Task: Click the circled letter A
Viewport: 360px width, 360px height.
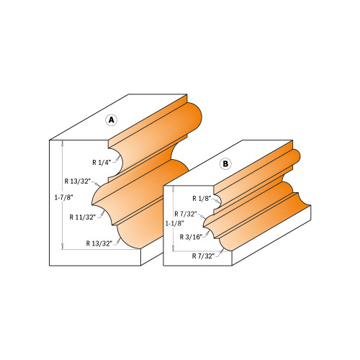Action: coord(112,120)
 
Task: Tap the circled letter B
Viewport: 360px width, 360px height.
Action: coord(225,164)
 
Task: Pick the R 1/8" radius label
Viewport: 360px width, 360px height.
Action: coord(203,198)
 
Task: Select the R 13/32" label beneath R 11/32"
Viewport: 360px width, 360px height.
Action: coord(100,243)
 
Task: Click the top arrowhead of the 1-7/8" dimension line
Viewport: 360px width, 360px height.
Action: coord(64,143)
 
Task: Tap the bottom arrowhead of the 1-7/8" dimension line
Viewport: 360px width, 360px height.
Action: coord(64,246)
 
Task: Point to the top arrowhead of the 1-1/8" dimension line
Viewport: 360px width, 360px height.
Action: coord(174,189)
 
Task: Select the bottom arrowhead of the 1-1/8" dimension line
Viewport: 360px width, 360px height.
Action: coord(174,251)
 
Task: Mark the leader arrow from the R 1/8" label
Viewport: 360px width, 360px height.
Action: coord(215,194)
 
